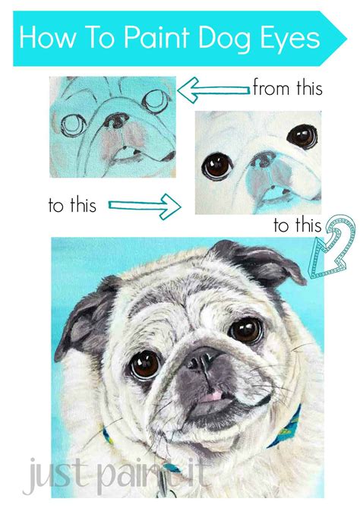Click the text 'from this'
point(287,88)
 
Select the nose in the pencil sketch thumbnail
point(118,121)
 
